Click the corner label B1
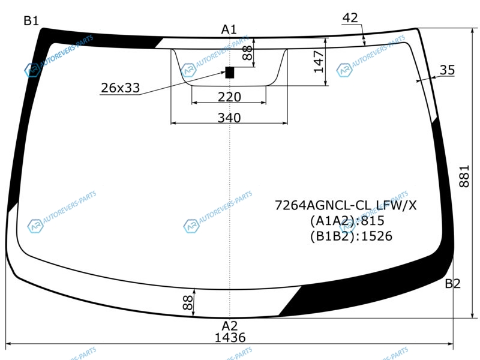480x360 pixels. tap(31, 21)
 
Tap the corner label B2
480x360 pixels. tap(452, 284)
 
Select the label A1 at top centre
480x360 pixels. tap(229, 29)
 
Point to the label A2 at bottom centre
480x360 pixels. tap(230, 326)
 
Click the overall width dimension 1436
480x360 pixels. tap(230, 338)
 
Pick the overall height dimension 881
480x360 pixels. tap(464, 176)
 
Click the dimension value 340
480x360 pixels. tap(229, 118)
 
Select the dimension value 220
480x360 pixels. tap(229, 97)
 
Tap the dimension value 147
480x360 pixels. tap(319, 62)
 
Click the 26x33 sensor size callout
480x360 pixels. tap(121, 88)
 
